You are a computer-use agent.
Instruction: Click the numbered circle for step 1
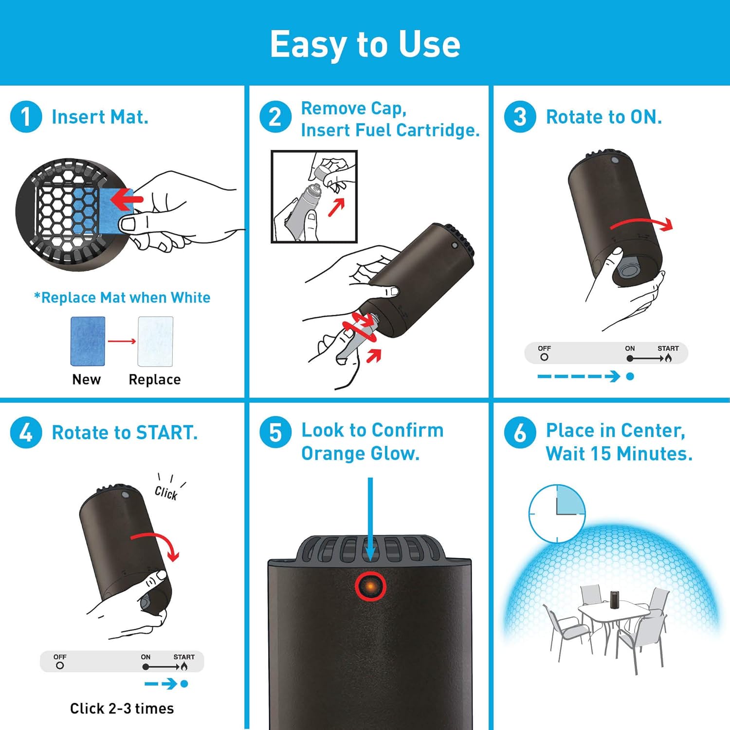point(26,117)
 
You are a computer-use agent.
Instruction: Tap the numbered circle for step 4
point(26,432)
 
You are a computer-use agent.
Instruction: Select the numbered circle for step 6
point(520,432)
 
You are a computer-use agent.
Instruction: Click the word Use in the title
point(429,44)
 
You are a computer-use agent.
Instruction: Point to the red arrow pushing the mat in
point(127,199)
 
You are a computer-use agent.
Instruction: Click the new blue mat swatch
point(88,341)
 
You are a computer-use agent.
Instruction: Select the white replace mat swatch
point(155,341)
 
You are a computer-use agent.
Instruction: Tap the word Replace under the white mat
point(154,380)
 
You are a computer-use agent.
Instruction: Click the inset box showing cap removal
point(314,196)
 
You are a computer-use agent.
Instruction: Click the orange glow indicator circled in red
point(370,586)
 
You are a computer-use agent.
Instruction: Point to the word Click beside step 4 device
point(166,493)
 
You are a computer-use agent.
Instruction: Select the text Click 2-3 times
point(122,709)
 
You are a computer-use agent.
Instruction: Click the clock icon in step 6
point(557,513)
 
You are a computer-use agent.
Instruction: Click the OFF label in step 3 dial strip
point(544,348)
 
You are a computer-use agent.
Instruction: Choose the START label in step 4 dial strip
point(184,657)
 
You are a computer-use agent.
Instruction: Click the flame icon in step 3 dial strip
point(668,358)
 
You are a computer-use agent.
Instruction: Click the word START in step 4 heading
point(166,433)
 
